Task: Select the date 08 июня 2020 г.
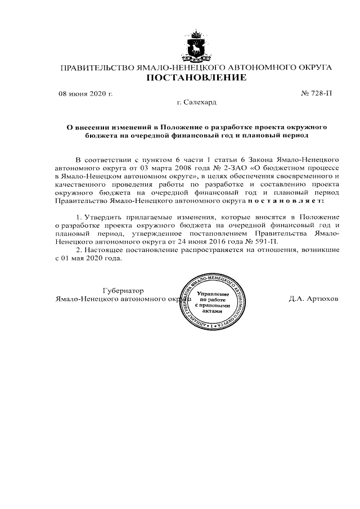[86, 93]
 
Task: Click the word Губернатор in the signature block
[120, 290]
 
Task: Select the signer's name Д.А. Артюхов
[313, 299]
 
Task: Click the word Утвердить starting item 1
[104, 217]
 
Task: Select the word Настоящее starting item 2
[103, 250]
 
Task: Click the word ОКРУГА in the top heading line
[311, 67]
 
